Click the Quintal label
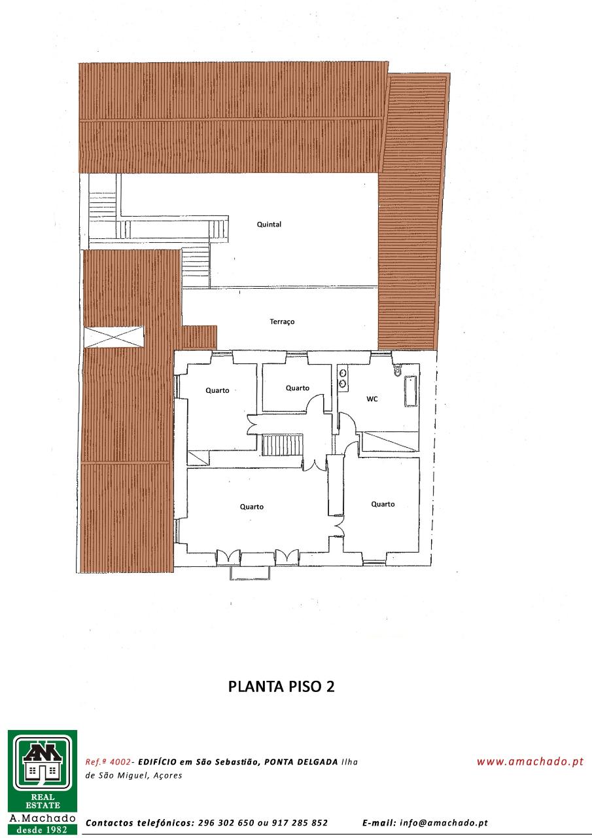pyautogui.click(x=269, y=225)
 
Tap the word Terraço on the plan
pyautogui.click(x=282, y=321)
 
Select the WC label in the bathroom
pyautogui.click(x=372, y=399)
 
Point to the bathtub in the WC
pyautogui.click(x=410, y=392)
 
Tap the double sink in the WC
pyautogui.click(x=343, y=378)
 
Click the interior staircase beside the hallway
pyautogui.click(x=282, y=445)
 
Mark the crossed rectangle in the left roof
pyautogui.click(x=114, y=337)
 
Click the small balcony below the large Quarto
pyautogui.click(x=250, y=573)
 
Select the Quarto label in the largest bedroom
pyautogui.click(x=252, y=507)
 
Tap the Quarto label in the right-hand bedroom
pyautogui.click(x=383, y=504)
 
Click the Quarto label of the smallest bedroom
pyautogui.click(x=298, y=388)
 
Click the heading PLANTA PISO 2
pyautogui.click(x=281, y=687)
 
